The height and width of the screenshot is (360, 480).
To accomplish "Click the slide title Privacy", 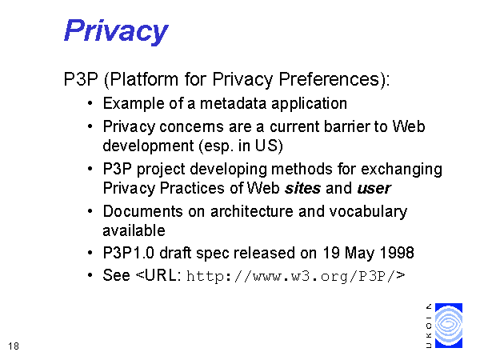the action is [116, 31].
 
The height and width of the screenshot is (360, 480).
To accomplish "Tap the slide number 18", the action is [14, 346].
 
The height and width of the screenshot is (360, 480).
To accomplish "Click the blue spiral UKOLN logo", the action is [449, 326].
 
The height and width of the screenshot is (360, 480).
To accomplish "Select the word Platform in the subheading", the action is [144, 79].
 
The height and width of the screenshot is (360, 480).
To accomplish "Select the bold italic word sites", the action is [302, 188].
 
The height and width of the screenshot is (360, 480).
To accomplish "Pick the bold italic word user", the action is [374, 188].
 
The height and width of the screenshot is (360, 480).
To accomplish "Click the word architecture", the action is [252, 211].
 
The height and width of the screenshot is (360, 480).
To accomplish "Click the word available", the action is [134, 230].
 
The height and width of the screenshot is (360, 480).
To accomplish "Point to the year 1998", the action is [397, 253].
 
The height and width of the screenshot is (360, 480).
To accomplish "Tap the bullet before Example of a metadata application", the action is [90, 103].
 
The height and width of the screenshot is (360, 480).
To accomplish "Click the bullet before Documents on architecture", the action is [90, 211].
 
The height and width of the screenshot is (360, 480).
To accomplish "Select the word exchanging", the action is [402, 170].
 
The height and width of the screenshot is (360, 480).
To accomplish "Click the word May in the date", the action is [359, 254].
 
